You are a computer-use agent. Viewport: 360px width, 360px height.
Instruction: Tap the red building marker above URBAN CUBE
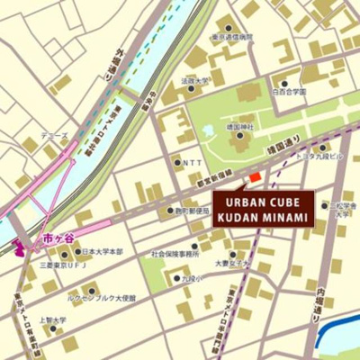coord(255,176)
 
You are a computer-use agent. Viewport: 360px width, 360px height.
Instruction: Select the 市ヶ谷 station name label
coord(54,240)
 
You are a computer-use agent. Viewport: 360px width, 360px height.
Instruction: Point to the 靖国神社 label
coord(239,128)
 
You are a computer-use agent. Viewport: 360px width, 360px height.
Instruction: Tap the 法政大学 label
coord(193,80)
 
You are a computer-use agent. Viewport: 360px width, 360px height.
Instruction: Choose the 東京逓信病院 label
coord(232,38)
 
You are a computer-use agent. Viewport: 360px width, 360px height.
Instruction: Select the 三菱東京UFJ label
coord(62,265)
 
